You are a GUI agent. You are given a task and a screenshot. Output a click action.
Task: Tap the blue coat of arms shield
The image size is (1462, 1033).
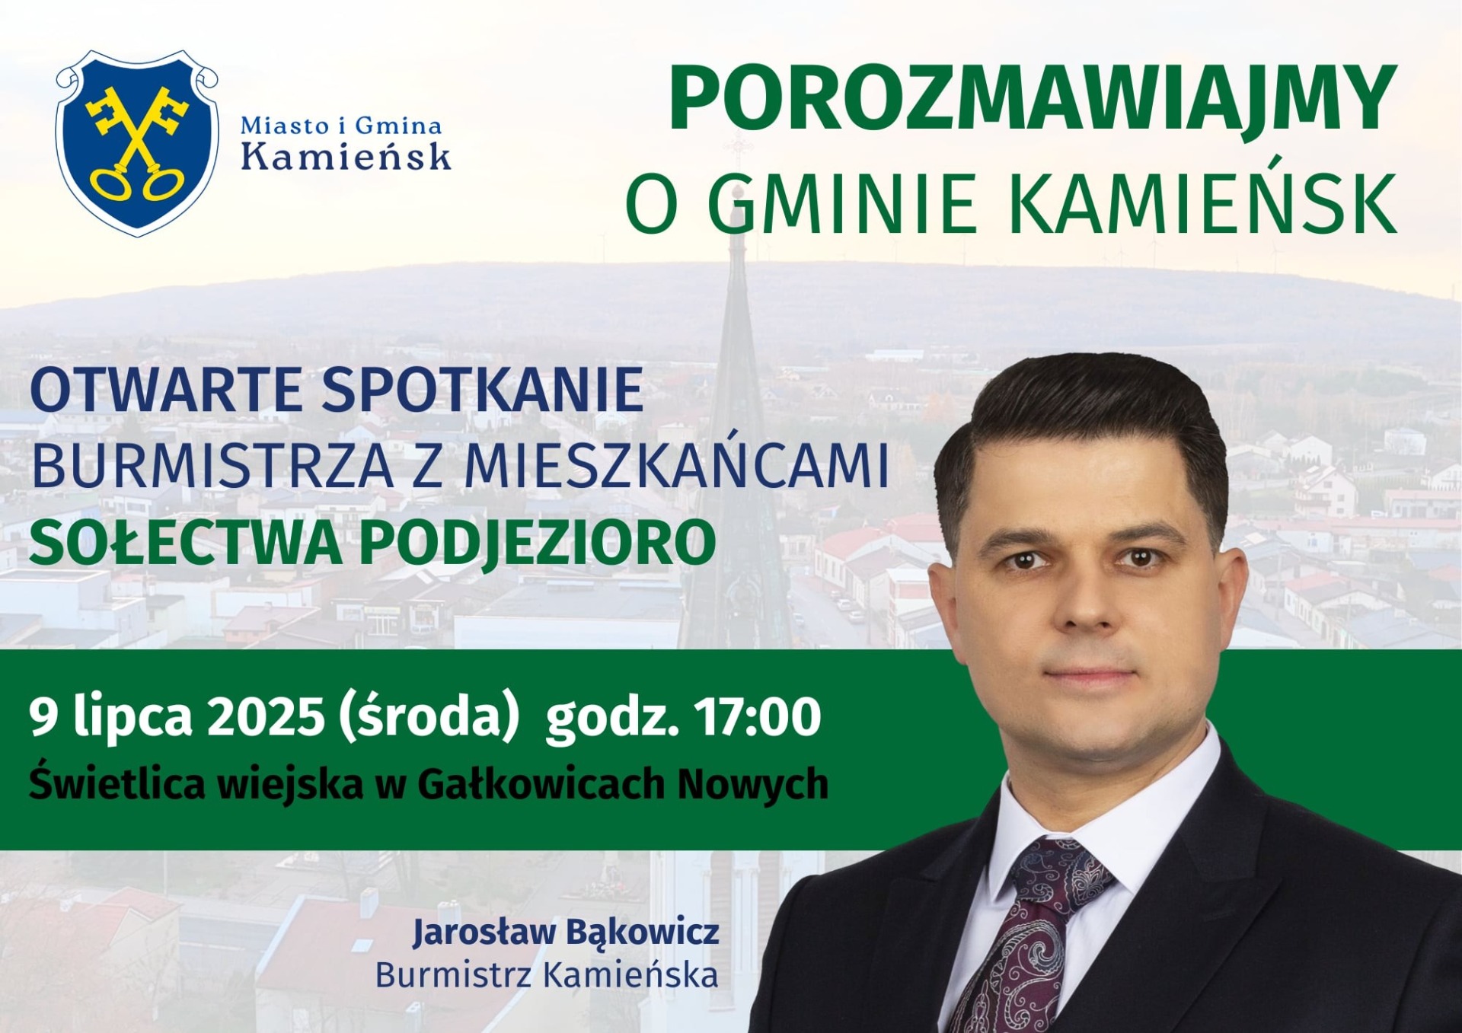click(x=137, y=143)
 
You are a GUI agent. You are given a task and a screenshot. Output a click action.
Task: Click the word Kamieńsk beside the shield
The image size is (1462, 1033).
click(x=346, y=156)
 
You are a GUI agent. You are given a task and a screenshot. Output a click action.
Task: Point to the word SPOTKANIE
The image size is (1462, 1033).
click(x=483, y=390)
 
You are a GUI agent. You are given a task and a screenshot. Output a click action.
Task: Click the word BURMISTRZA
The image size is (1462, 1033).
click(x=212, y=466)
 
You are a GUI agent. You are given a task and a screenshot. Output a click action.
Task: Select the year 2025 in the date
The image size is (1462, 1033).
click(x=266, y=717)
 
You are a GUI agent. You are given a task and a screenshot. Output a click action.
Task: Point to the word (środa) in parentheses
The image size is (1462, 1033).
click(x=429, y=717)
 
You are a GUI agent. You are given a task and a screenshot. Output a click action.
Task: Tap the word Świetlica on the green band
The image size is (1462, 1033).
click(x=117, y=783)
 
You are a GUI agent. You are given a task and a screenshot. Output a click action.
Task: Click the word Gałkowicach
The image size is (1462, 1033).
click(x=541, y=784)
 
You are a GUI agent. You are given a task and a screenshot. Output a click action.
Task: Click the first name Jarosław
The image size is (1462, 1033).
click(x=484, y=932)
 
